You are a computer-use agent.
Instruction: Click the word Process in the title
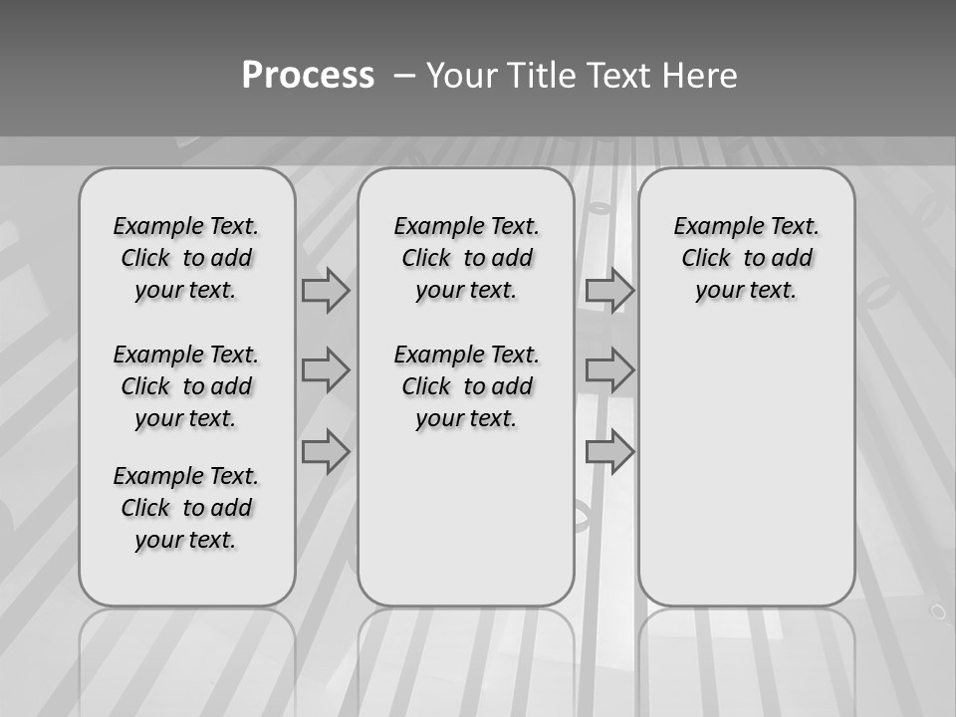point(308,76)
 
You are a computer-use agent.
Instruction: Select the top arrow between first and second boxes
point(326,290)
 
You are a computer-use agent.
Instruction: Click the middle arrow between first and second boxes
point(326,370)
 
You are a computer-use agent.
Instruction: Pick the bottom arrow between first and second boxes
point(326,452)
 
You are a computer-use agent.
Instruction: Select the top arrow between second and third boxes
point(609,290)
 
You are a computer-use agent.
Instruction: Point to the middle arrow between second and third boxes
point(609,370)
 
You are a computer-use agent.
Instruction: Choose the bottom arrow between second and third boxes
point(609,452)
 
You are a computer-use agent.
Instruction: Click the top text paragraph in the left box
point(186,258)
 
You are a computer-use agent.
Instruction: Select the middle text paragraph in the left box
point(186,386)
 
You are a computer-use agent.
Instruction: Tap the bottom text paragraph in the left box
point(186,508)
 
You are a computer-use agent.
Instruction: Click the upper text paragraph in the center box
point(466,258)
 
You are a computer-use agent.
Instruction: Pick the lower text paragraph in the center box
point(466,386)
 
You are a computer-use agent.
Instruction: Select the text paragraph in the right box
point(746,258)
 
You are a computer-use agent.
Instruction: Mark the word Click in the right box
point(706,259)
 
